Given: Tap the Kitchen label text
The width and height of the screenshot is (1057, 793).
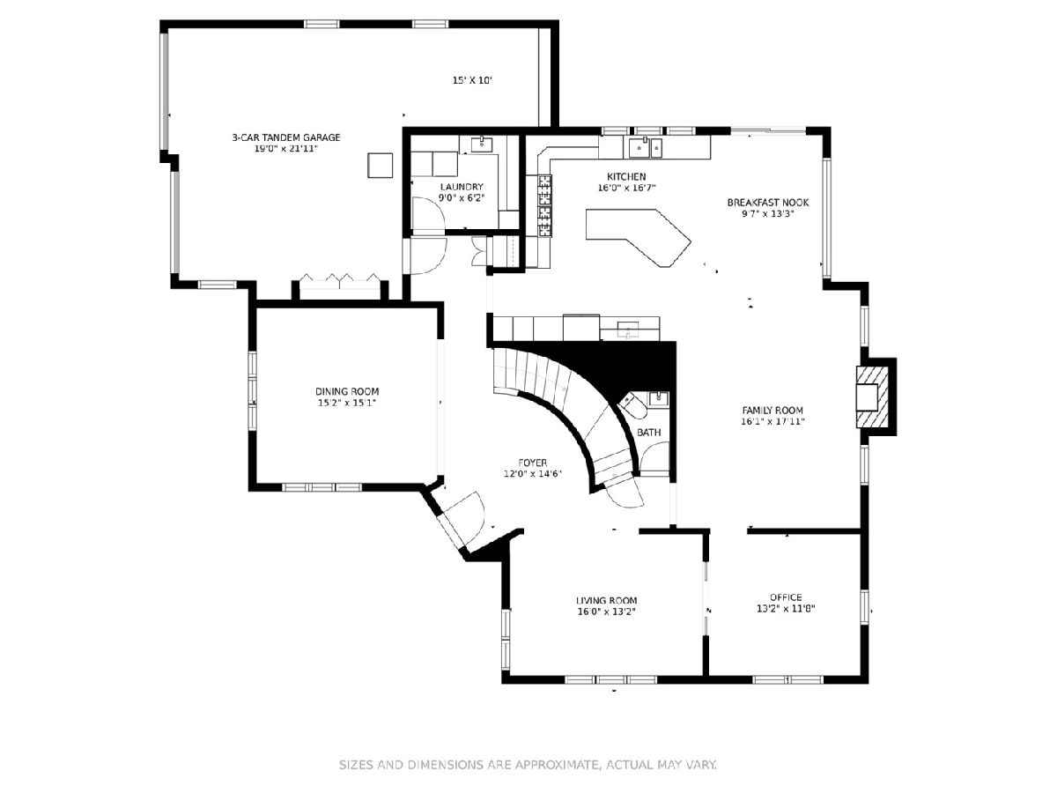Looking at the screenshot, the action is coord(626,177).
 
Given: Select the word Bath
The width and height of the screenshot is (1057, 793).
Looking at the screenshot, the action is coord(648,433).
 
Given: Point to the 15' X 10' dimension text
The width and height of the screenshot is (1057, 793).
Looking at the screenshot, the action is coord(472,80).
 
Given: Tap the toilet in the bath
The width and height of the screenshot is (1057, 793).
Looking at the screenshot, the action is coord(632,406).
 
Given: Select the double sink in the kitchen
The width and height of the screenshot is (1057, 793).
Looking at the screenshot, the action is coord(646,147).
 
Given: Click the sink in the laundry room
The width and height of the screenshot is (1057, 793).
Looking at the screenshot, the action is coord(481,144).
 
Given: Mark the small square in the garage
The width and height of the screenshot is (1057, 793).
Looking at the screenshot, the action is coord(380,165).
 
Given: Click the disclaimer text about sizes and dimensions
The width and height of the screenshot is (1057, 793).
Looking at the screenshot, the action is coord(528,764).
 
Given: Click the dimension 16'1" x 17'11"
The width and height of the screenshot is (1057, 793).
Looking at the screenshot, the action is coord(772,422).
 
